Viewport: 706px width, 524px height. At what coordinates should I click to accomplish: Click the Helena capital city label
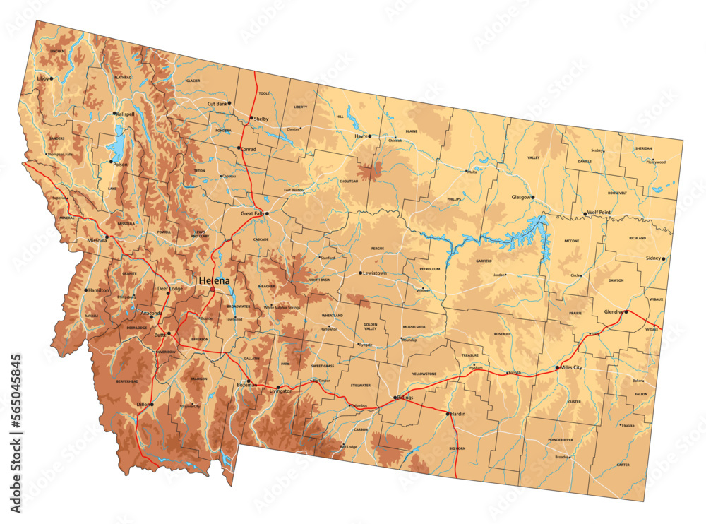[x=215, y=281]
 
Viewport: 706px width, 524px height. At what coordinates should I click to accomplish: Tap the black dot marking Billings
[x=395, y=398]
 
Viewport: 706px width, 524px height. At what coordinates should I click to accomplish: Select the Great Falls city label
[x=251, y=213]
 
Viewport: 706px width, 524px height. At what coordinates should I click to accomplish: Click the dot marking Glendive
[x=626, y=311]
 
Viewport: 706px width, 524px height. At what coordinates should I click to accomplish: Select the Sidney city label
[x=653, y=258]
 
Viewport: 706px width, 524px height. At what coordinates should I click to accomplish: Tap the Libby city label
[x=44, y=78]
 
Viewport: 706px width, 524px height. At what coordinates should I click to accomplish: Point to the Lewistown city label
[x=375, y=273]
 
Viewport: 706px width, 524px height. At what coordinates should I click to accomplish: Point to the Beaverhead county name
[x=127, y=381]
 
